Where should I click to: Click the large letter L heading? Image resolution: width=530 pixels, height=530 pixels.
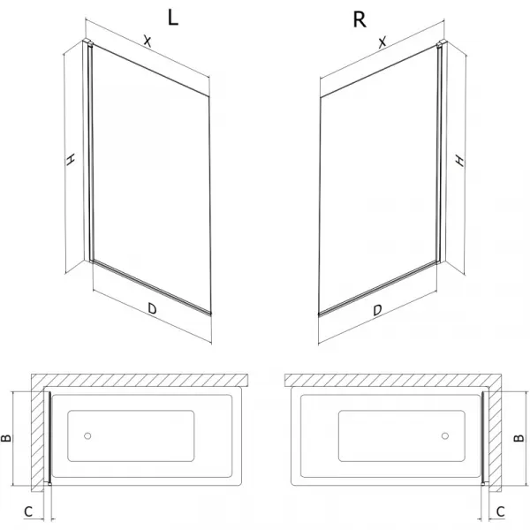tap(173, 18)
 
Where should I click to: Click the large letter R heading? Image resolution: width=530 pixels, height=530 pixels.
tap(360, 19)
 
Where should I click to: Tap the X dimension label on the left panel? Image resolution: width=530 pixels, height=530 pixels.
tap(147, 41)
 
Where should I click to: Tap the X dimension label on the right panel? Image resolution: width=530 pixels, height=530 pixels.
tap(382, 42)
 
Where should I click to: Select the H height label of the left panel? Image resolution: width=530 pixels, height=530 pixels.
tap(70, 159)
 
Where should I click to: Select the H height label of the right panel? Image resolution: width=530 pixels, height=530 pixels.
tap(459, 160)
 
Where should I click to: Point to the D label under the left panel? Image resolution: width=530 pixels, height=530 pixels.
tap(152, 308)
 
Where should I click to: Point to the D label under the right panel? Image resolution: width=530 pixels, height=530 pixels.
tap(377, 310)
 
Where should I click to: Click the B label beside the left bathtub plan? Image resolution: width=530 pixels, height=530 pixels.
tap(6, 438)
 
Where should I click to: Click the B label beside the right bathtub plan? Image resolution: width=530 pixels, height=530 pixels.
tap(519, 438)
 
